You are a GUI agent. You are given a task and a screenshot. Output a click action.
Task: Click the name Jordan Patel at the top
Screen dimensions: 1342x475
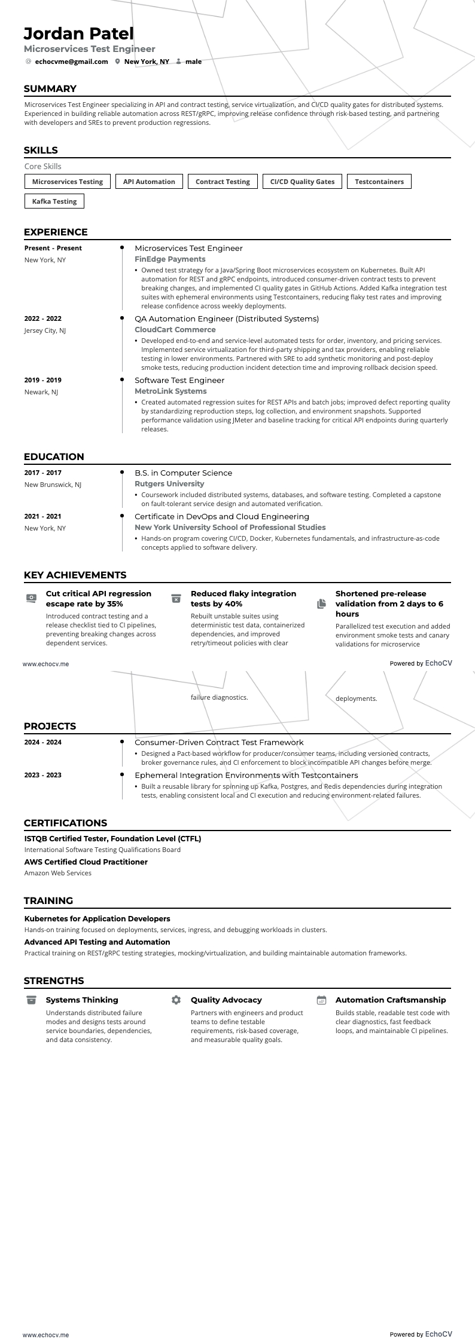(x=78, y=33)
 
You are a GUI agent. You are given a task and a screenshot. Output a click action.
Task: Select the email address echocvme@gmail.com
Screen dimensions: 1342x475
(x=71, y=62)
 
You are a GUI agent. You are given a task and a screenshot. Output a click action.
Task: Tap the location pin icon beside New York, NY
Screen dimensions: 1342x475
(x=118, y=62)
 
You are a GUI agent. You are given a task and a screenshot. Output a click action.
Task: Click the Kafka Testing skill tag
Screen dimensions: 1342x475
(x=54, y=201)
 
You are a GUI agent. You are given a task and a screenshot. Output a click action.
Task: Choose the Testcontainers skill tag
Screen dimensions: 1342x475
(x=379, y=182)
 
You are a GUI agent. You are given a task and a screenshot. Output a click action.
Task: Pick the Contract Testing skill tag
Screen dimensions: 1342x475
(x=223, y=182)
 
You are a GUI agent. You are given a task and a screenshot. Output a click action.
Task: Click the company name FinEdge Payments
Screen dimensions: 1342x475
(x=170, y=259)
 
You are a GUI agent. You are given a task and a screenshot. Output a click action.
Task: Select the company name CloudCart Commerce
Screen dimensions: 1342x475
(x=175, y=330)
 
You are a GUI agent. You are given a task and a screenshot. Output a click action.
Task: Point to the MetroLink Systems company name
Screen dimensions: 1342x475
(x=170, y=391)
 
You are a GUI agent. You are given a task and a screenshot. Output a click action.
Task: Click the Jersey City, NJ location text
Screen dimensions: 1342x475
(x=45, y=330)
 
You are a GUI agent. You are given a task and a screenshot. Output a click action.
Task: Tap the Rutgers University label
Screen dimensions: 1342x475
(x=169, y=484)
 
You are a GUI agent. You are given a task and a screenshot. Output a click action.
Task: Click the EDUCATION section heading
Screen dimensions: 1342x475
(x=54, y=457)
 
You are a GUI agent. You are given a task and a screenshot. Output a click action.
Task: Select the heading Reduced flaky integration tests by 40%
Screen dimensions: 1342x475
(x=243, y=599)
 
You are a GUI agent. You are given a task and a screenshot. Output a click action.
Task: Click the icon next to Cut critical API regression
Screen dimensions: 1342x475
(x=31, y=598)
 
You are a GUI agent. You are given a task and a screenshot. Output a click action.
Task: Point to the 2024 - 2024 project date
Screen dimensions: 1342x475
(x=42, y=742)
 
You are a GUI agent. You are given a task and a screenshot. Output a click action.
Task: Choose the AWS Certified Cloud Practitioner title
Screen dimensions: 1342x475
(x=86, y=862)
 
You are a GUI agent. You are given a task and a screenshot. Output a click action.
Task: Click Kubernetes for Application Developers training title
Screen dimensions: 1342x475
(x=97, y=918)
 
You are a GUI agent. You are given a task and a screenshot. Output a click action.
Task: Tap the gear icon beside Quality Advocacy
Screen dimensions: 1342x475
(x=176, y=1000)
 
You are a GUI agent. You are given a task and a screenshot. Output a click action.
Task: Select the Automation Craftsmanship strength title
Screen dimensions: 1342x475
(x=391, y=1000)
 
